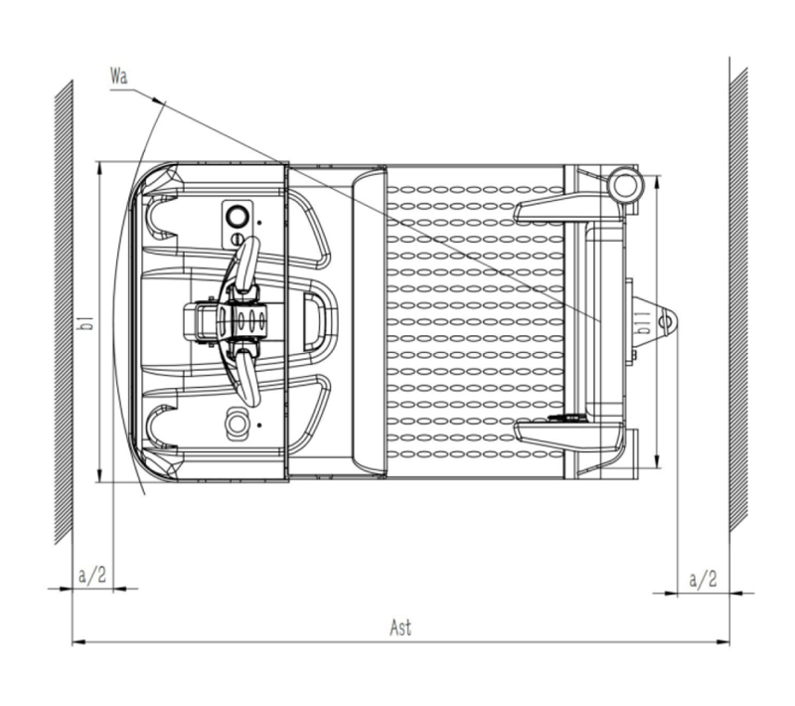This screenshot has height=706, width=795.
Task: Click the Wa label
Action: [119, 77]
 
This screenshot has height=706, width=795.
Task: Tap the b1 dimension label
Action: [87, 323]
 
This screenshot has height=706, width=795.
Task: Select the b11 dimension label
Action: [644, 322]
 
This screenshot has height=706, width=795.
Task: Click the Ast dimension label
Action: [400, 627]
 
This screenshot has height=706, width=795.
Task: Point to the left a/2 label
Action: [92, 575]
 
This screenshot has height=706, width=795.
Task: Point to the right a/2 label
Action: [704, 579]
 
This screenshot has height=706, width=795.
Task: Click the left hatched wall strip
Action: [64, 312]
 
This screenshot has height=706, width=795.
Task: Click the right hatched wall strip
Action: [738, 299]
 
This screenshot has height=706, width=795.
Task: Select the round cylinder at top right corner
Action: [625, 185]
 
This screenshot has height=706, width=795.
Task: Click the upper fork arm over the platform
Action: [568, 208]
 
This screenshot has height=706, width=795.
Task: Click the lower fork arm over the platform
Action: [568, 437]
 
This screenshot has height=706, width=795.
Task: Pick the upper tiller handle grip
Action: [247, 265]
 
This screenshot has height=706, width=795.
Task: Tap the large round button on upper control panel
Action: [237, 217]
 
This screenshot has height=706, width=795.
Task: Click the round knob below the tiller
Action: [237, 423]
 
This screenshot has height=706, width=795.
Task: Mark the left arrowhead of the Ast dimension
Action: [79, 642]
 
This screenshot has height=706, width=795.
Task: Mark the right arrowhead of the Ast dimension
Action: [723, 642]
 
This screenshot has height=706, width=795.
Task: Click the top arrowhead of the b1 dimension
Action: [99, 168]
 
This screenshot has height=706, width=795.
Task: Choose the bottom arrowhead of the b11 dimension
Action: [658, 462]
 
